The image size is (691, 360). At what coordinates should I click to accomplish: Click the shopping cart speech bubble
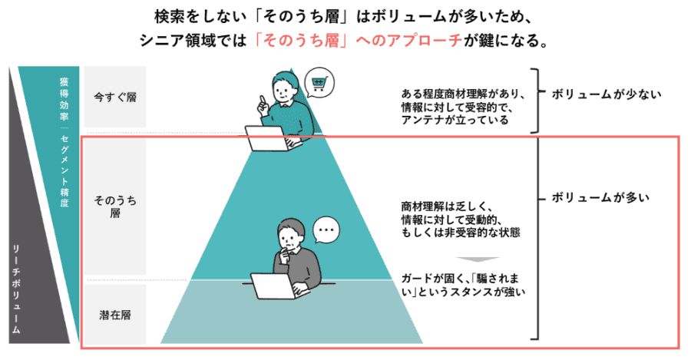(x=319, y=82)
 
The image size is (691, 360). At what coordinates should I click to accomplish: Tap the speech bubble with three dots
(x=326, y=230)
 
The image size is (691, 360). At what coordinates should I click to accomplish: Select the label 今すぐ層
(x=115, y=97)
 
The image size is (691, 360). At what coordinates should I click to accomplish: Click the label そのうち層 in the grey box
(x=115, y=206)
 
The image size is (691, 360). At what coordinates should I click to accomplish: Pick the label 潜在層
(x=115, y=315)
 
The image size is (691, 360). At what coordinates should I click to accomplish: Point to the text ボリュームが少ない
(x=607, y=94)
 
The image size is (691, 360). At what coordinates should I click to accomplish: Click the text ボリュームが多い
(x=600, y=197)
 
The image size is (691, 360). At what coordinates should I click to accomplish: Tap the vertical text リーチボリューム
(x=16, y=289)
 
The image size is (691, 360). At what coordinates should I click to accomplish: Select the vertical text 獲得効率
(x=64, y=99)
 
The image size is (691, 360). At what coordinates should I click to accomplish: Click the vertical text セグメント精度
(x=64, y=170)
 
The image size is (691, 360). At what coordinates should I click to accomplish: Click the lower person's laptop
(x=279, y=286)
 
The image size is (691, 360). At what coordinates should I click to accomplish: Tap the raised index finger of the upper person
(x=263, y=100)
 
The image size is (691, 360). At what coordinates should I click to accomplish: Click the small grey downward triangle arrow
(x=478, y=259)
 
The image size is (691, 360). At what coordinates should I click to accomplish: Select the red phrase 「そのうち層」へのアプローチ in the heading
(x=359, y=41)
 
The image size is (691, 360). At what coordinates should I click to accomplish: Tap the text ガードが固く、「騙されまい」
(x=461, y=285)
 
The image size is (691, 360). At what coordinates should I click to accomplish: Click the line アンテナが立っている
(x=455, y=120)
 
